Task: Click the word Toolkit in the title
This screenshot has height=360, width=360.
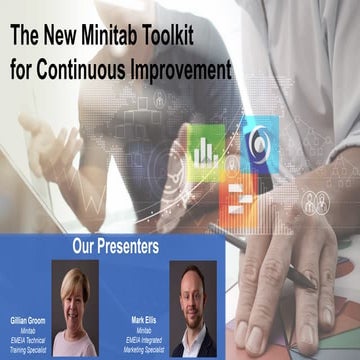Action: [x=204, y=38]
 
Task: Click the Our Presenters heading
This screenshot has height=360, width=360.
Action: [x=114, y=243]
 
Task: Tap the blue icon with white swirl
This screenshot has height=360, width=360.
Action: [x=259, y=143]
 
